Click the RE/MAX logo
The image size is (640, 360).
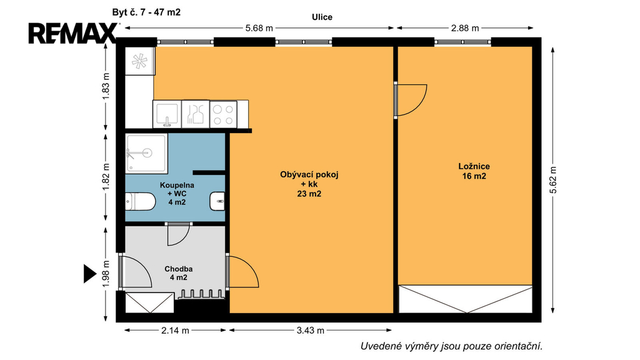pyautogui.click(x=72, y=33)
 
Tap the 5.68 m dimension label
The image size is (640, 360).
pyautogui.click(x=259, y=28)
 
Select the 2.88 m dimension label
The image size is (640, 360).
pyautogui.click(x=465, y=28)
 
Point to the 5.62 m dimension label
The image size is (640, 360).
pyautogui.click(x=553, y=180)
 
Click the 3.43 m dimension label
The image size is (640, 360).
pyautogui.click(x=311, y=331)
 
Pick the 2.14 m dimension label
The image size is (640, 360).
pyautogui.click(x=175, y=331)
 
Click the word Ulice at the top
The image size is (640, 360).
pyautogui.click(x=322, y=17)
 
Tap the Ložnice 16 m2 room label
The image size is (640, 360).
pyautogui.click(x=474, y=171)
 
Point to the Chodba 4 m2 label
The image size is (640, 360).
pyautogui.click(x=178, y=274)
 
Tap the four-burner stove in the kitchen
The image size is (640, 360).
pyautogui.click(x=223, y=115)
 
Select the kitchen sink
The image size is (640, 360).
pyautogui.click(x=167, y=114)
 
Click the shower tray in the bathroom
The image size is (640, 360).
pyautogui.click(x=146, y=154)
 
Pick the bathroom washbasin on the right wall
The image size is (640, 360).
pyautogui.click(x=217, y=201)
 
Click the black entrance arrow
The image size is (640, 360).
pyautogui.click(x=90, y=274)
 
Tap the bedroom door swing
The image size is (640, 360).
pyautogui.click(x=411, y=101)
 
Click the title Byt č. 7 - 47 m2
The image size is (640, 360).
pyautogui.click(x=146, y=12)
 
